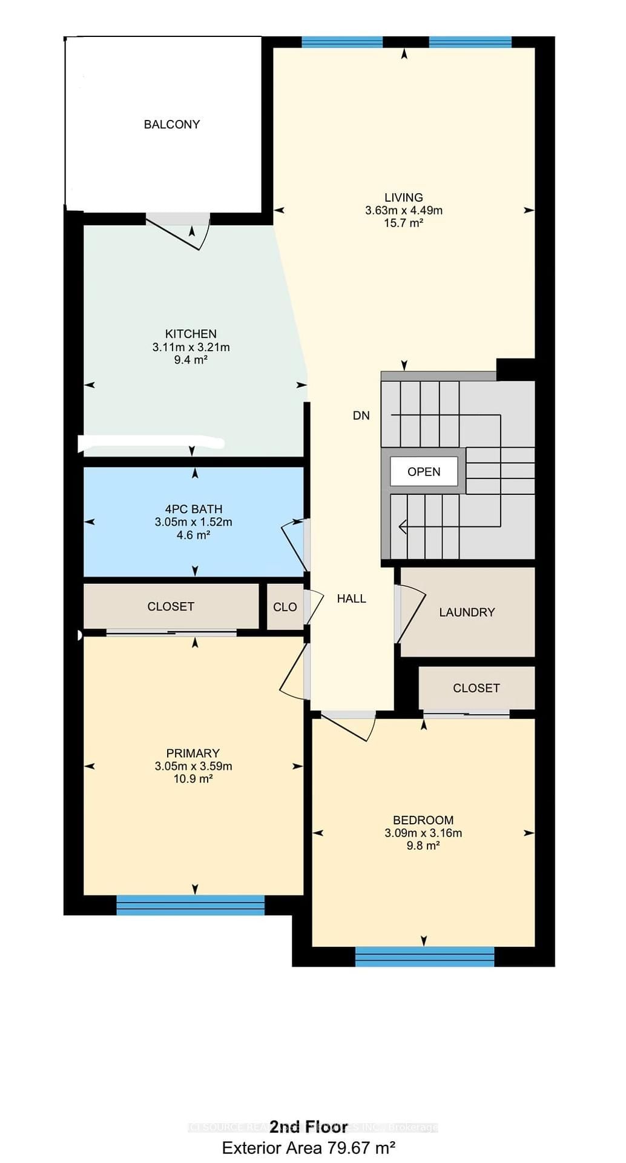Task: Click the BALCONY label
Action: (171, 124)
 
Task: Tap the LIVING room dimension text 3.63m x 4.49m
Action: (404, 211)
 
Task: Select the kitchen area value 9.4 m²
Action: (191, 360)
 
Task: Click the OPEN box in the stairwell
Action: (424, 472)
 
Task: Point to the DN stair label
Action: (361, 416)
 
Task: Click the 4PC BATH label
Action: (193, 509)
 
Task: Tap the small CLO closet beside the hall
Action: (285, 607)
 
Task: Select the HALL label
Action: (351, 598)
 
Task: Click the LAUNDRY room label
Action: (467, 612)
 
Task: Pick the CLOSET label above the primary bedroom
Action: (171, 606)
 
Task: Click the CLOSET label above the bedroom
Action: (476, 688)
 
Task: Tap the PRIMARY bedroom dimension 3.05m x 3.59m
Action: (193, 766)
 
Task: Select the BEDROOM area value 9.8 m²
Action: (423, 846)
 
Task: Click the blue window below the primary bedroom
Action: (190, 905)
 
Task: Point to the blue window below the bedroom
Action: (424, 956)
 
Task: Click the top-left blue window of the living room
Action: (342, 42)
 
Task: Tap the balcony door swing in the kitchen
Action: (179, 233)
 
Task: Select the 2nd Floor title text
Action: (309, 1127)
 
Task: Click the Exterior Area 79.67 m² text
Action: (309, 1148)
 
